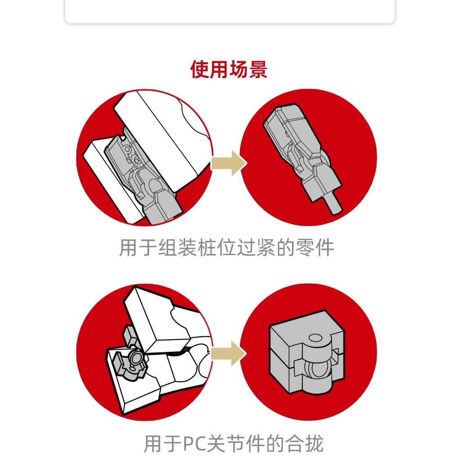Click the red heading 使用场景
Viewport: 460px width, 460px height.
point(229,70)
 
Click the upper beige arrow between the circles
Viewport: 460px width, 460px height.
point(229,163)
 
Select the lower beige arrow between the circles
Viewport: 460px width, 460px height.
point(229,354)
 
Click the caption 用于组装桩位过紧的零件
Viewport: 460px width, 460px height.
point(226,248)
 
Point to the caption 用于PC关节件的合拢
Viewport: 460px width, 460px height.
point(234,443)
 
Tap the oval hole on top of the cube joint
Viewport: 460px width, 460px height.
point(315,338)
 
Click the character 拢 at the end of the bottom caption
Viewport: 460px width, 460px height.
point(314,444)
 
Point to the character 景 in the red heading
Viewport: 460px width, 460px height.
point(258,70)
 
